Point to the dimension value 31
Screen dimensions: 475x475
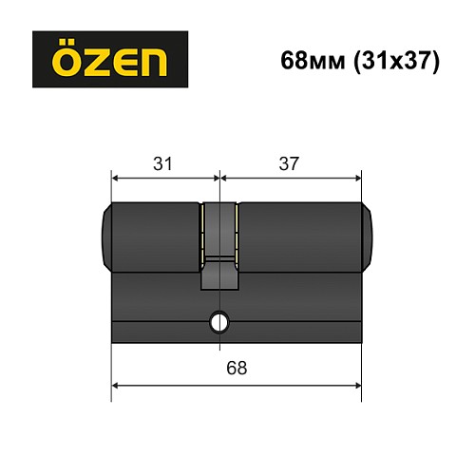coord(163,163)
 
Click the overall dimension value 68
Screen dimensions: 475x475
coord(237,368)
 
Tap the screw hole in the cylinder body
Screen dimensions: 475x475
coord(219,322)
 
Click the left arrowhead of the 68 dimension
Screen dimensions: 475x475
coord(117,385)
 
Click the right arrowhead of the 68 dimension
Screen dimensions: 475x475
coord(357,385)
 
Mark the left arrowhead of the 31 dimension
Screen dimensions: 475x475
coord(117,178)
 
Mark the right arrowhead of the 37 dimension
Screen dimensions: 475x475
coord(357,178)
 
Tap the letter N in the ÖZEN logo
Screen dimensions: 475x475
coord(150,62)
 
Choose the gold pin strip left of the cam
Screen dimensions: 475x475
coord(201,232)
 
